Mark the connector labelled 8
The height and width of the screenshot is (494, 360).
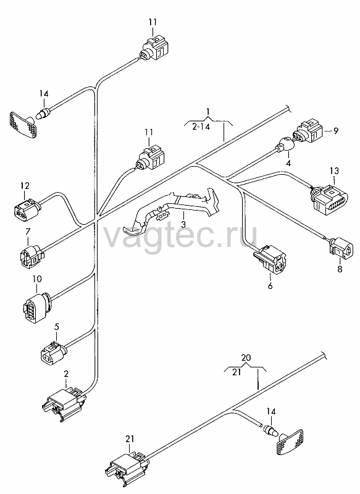pos(339,248)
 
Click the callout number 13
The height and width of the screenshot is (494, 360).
pos(335,171)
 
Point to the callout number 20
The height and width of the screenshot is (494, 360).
pos(246,358)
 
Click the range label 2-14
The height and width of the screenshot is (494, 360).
pos(201,127)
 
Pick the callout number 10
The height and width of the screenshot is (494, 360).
pos(37,279)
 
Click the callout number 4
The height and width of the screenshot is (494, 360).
pos(288,163)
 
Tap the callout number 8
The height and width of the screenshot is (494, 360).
pos(340,269)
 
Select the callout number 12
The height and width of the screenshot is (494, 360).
pos(25,186)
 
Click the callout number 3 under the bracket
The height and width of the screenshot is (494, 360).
pos(183,225)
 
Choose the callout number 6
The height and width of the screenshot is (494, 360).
pos(270,286)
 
